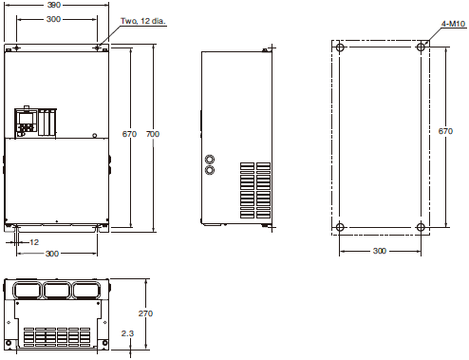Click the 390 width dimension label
pos(54,5)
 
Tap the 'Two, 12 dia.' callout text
pos(143,21)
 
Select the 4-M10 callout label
pos(454,24)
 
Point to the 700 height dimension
pos(153,134)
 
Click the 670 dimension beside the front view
pos(129,134)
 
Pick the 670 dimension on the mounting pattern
pos(445,131)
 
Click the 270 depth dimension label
pos(145,313)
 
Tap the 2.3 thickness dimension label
pos(127,333)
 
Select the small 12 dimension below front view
pos(34,242)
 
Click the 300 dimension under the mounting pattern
pos(380,251)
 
